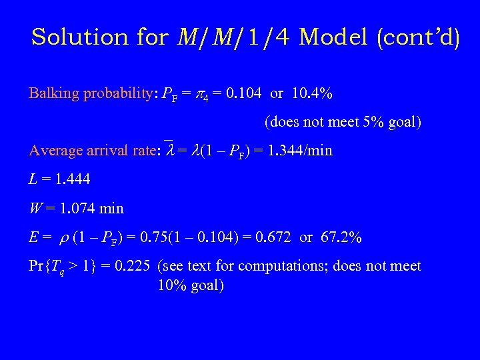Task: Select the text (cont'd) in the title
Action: tap(419, 37)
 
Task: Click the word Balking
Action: tap(55, 93)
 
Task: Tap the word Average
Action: tap(55, 151)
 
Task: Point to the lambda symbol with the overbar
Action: tap(169, 151)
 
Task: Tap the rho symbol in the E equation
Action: tap(63, 238)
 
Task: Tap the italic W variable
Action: tap(33, 209)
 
